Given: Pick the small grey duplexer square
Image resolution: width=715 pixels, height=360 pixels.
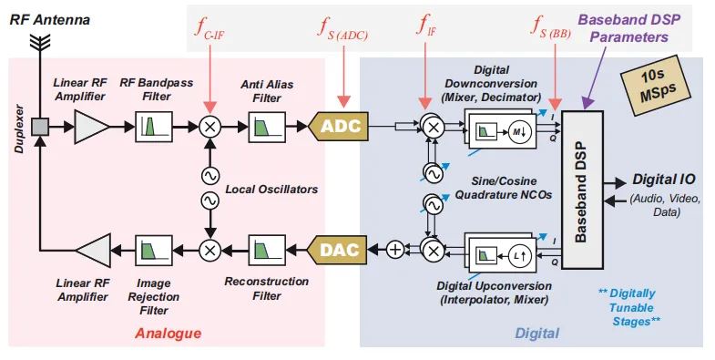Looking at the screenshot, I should tap(40, 127).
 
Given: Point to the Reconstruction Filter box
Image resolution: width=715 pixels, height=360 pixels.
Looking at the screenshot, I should tap(265, 248).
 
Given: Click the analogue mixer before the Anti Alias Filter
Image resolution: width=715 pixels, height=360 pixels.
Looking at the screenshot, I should tap(209, 127).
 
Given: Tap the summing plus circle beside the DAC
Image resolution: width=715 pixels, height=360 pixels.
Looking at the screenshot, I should tap(394, 248).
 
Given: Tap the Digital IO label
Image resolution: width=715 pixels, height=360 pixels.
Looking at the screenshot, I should tap(663, 180).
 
